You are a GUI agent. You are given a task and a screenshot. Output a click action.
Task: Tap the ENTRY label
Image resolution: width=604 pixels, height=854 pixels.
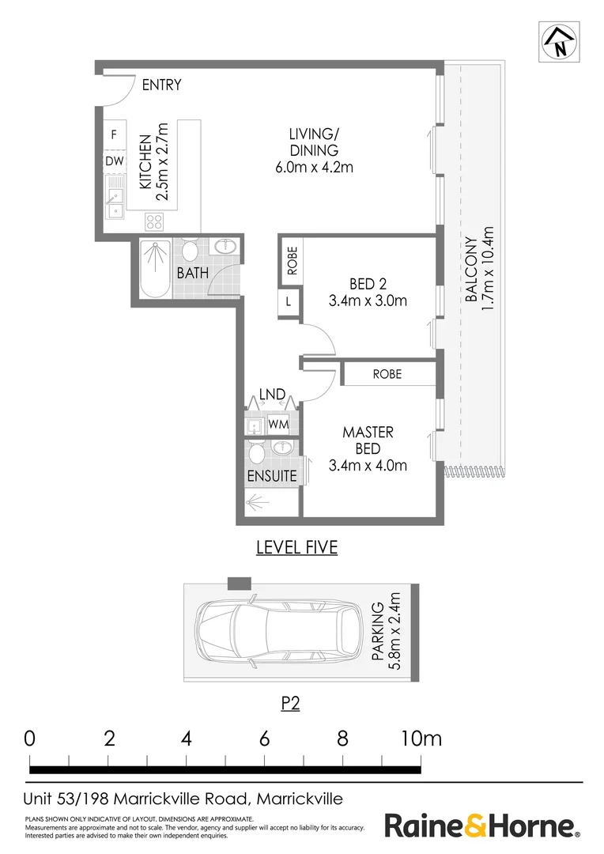(161, 85)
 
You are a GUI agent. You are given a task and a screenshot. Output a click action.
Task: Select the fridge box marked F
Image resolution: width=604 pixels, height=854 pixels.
(114, 135)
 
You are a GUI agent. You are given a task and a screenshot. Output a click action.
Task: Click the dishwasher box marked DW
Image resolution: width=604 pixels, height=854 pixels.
(114, 161)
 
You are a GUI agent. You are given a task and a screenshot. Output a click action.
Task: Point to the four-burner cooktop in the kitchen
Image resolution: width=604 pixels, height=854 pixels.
(155, 221)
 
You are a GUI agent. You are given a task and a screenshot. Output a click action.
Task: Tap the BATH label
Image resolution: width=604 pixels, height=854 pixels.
(192, 274)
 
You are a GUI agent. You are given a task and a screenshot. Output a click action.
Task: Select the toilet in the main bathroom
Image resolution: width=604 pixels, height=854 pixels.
(190, 251)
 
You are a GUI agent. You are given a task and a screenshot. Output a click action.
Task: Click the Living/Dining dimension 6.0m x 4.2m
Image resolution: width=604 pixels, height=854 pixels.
(313, 167)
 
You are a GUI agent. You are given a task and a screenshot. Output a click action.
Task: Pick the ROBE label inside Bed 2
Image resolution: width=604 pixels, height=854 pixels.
(292, 260)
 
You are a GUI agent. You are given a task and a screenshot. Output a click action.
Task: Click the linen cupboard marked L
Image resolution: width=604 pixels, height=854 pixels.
(289, 301)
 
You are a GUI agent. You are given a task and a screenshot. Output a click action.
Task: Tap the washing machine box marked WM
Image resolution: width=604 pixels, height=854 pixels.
(277, 425)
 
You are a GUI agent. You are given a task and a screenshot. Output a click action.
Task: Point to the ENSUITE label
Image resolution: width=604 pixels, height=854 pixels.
(272, 476)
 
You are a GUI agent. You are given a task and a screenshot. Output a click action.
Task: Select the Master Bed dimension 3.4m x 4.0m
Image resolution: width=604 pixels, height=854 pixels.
(368, 465)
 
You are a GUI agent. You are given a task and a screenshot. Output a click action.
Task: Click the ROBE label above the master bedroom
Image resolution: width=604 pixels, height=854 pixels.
(387, 374)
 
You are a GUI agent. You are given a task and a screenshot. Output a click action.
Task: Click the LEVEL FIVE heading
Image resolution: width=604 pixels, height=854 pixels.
(296, 547)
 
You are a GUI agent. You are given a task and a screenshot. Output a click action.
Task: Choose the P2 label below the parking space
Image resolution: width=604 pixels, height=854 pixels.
(290, 704)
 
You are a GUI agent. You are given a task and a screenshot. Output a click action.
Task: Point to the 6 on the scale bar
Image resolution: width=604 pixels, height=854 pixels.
(264, 739)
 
